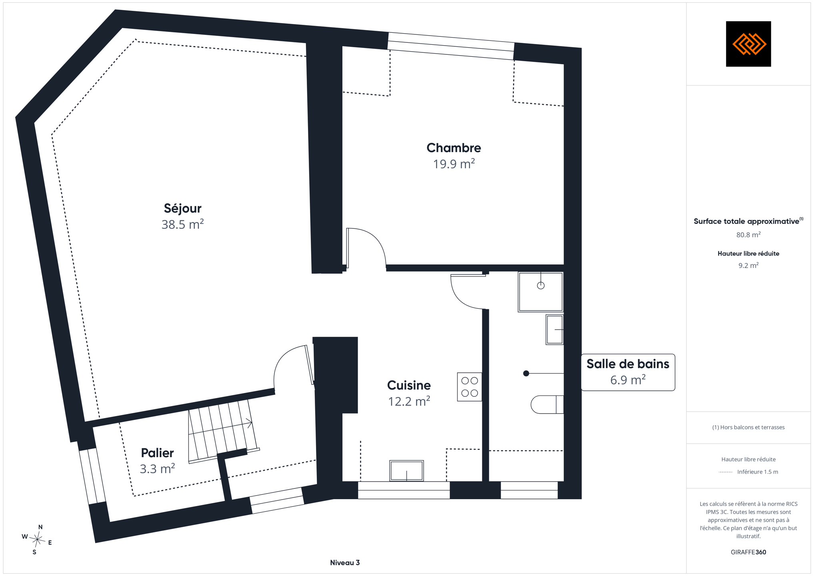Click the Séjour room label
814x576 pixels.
tap(182, 208)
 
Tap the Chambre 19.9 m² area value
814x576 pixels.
tap(454, 164)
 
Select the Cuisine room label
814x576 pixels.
tap(409, 385)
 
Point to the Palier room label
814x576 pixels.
tap(157, 453)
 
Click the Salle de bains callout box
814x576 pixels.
tap(628, 372)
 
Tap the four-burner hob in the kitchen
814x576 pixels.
tap(470, 387)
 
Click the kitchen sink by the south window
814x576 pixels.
tap(406, 470)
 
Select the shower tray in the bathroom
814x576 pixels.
tap(540, 292)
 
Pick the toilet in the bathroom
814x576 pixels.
tap(547, 404)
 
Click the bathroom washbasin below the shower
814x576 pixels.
tap(555, 330)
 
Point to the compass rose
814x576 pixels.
tap(37, 540)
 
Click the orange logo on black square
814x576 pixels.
tap(748, 44)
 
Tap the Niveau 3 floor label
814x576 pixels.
tap(345, 563)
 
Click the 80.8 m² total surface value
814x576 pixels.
tap(748, 235)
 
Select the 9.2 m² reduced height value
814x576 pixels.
tap(748, 266)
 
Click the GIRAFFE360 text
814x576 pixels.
tap(748, 552)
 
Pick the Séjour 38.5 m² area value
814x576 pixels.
tap(183, 224)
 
